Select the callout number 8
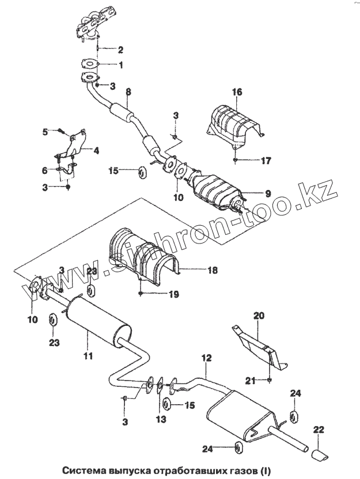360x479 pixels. [128, 92]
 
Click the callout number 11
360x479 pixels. [88, 356]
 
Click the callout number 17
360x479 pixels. [266, 161]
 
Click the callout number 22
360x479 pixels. [319, 429]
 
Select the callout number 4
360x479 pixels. [96, 151]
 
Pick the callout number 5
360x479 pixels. [45, 132]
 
